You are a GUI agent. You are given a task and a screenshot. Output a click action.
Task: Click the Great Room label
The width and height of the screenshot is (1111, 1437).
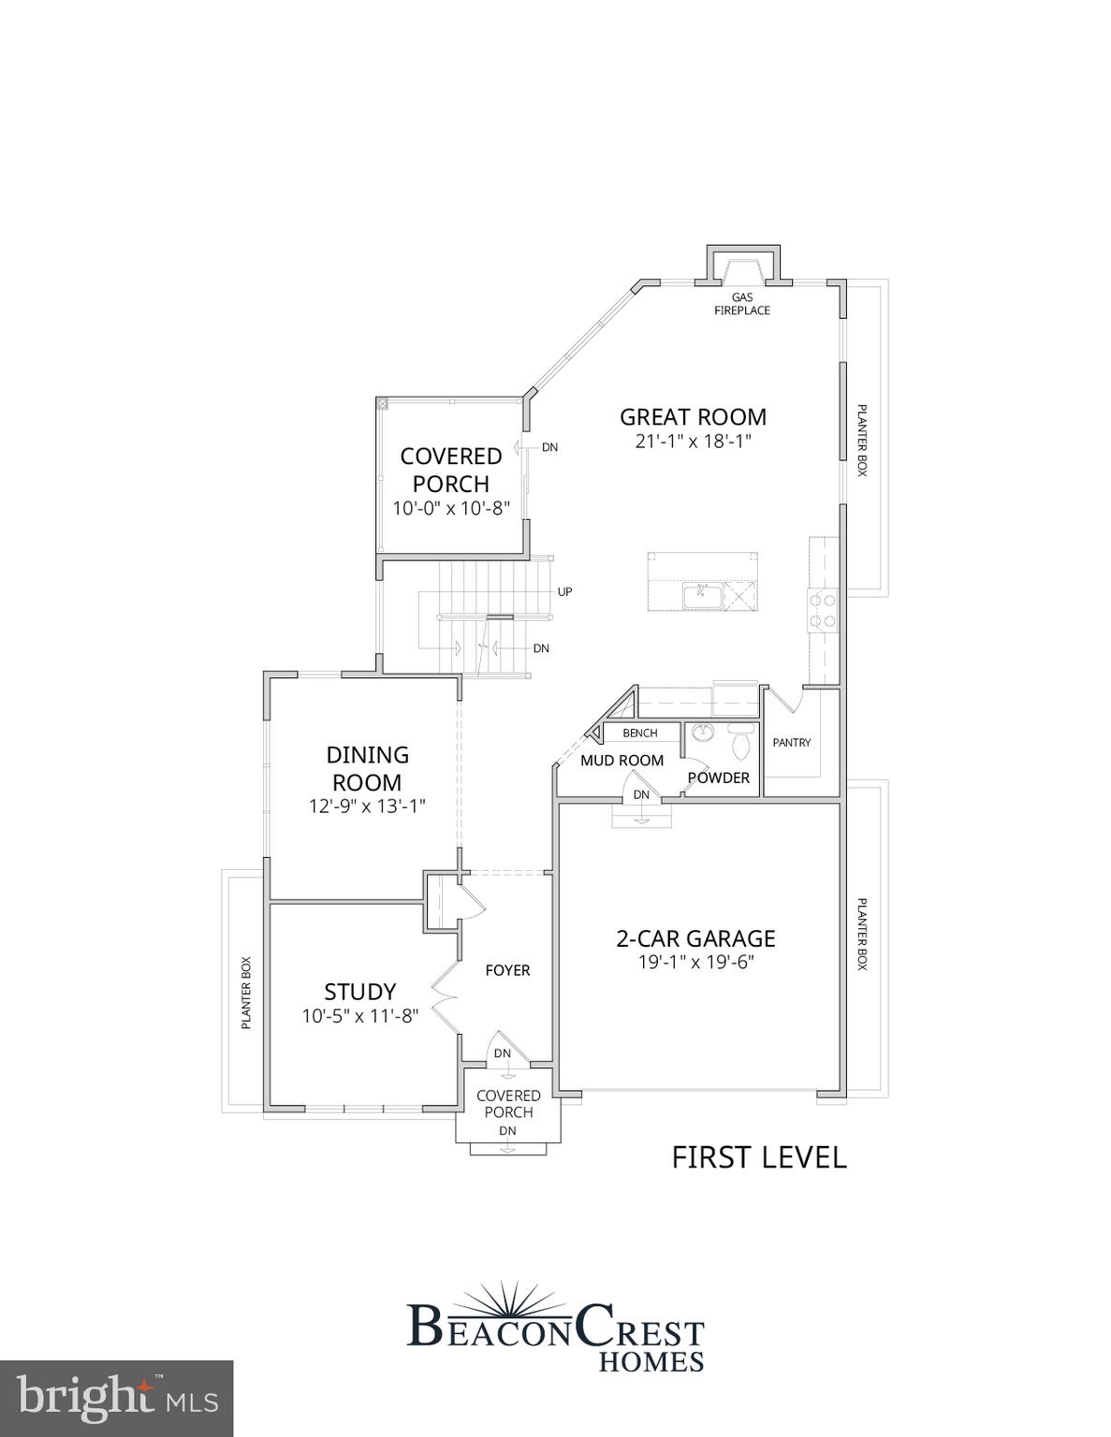tap(693, 417)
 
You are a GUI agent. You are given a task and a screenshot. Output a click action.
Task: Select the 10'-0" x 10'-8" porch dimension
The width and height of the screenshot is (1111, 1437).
tap(450, 508)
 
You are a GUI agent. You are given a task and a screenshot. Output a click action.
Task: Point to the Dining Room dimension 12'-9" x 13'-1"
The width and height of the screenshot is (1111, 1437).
tap(367, 806)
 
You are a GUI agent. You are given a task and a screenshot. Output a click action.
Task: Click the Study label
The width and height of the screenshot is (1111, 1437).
tap(359, 992)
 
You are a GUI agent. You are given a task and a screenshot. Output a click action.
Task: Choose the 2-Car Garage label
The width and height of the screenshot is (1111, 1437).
tap(695, 938)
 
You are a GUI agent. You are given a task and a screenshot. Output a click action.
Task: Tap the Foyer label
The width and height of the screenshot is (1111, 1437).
tap(507, 970)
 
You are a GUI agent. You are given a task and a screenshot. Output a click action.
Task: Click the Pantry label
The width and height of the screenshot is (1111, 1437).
tap(791, 742)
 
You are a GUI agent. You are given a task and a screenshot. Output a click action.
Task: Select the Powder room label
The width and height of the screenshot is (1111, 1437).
tap(719, 777)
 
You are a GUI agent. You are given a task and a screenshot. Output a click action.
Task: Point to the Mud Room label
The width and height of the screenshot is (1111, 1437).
tap(621, 761)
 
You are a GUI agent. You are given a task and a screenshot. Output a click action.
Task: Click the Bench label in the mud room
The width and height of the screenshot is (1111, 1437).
tap(639, 733)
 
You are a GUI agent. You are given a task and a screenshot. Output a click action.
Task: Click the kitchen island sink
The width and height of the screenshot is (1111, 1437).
tap(698, 593)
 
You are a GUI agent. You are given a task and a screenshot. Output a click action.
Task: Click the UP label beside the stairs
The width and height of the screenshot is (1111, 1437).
tap(564, 591)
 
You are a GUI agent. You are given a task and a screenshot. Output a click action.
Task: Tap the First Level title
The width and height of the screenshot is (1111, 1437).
tap(758, 1157)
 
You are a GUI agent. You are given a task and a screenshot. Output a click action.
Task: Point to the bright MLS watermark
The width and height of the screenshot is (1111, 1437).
tap(116, 1399)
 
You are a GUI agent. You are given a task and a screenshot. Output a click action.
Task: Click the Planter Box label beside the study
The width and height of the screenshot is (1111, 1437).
tap(246, 993)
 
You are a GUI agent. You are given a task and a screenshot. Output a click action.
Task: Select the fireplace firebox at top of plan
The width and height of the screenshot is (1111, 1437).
tap(742, 269)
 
